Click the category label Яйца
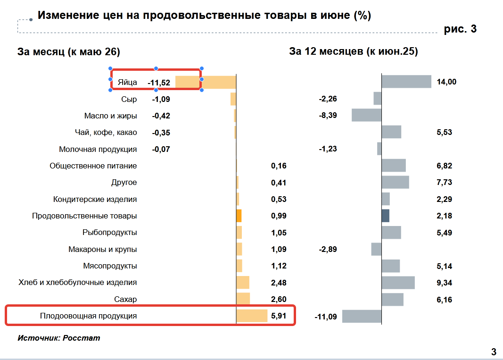pos(127,82)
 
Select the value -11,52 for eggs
pos(159,83)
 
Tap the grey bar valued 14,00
pos(406,82)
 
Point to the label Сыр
pos(129,99)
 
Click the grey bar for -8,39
pos(367,115)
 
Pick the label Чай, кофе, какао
pos(106,132)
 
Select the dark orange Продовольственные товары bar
pos(239,216)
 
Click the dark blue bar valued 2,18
pos(386,216)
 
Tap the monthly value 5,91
pos(279,316)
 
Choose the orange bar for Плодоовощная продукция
pos(252,316)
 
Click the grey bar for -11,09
pos(362,316)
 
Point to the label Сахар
pos(125,299)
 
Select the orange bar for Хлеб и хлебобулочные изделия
pos(243,282)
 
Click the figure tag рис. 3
pos(460,29)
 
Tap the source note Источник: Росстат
pos(59,338)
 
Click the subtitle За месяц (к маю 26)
pos(69,52)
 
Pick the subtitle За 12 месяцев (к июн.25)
pos(354,51)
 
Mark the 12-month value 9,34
pos(444,283)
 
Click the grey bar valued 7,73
pos(396,182)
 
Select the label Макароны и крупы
pos(103,249)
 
